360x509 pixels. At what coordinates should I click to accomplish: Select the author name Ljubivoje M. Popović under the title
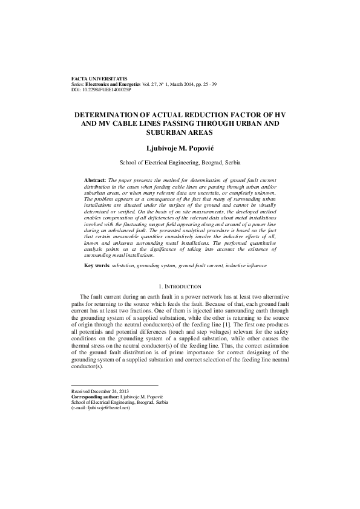(x=180, y=148)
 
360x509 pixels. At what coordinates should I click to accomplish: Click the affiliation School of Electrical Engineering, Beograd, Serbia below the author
(x=180, y=163)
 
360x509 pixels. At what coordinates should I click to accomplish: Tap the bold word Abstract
(x=94, y=181)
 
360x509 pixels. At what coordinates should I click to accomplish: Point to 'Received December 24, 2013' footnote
(x=99, y=392)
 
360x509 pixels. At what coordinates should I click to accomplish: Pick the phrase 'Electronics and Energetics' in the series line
(x=115, y=85)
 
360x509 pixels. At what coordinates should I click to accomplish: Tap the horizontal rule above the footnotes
(x=114, y=386)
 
